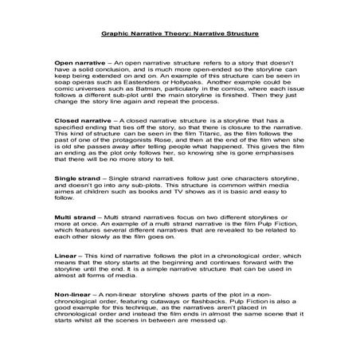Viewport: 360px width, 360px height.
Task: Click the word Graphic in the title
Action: [116, 36]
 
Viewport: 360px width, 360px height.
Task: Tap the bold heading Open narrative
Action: [79, 61]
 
